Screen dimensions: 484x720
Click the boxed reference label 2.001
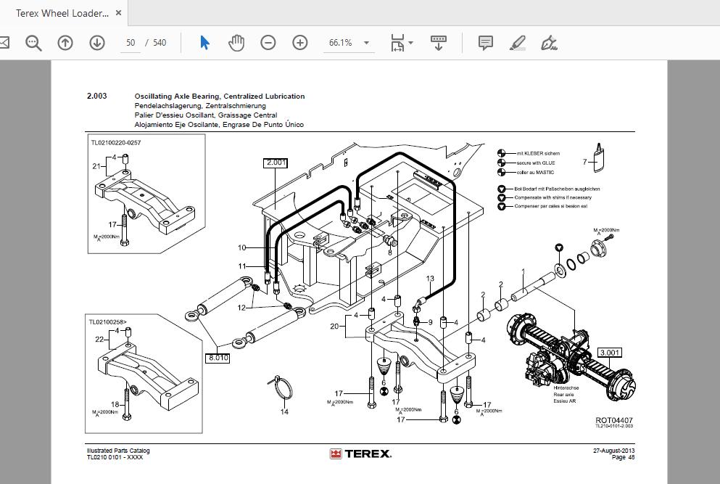[x=277, y=163]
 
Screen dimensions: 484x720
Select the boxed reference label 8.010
[x=218, y=358]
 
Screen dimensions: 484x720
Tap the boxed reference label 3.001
[x=609, y=353]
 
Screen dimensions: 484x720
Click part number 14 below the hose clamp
[x=284, y=412]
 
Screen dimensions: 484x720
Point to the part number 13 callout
[x=430, y=279]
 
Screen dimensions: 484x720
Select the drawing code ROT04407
[x=614, y=420]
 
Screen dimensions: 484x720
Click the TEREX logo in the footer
[x=360, y=454]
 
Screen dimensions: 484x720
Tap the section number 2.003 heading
[x=97, y=96]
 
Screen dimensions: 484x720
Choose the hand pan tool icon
[x=236, y=43]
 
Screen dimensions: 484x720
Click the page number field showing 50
[x=131, y=43]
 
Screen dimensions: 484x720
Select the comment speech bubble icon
[x=486, y=43]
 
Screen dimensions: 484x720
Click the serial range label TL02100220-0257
[x=115, y=143]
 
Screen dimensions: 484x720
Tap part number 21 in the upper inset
[x=96, y=166]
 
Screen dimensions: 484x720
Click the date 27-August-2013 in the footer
[x=613, y=451]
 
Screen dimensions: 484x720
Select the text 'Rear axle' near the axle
[x=566, y=395]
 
